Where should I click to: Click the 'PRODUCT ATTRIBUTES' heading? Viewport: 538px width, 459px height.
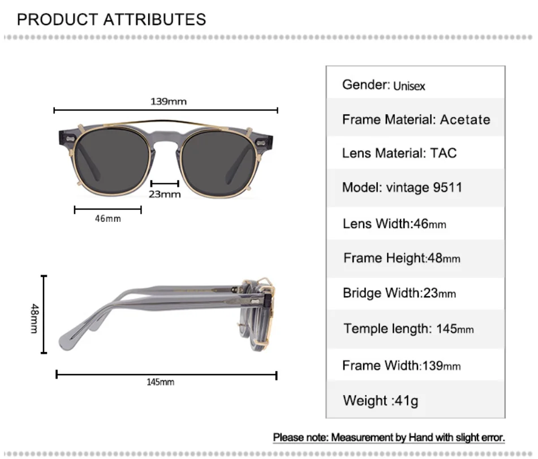[x=111, y=19]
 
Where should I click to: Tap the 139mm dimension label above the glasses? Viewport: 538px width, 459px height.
[x=168, y=102]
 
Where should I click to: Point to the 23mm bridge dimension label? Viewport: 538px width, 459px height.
[x=165, y=194]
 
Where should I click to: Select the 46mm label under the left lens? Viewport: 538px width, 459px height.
[x=107, y=218]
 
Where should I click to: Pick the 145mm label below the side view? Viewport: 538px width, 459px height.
[x=161, y=382]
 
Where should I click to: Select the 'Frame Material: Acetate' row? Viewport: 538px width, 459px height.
[x=416, y=119]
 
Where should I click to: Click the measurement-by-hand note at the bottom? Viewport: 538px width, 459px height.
[x=389, y=437]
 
